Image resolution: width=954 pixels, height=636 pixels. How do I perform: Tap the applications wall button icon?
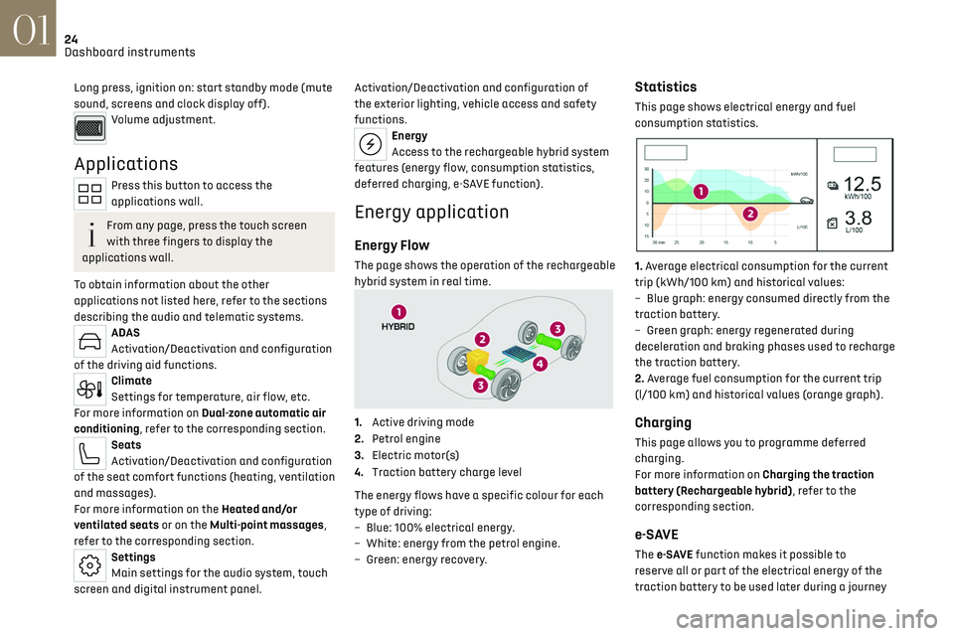click(89, 195)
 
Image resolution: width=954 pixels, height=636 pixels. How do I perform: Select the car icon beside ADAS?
click(89, 341)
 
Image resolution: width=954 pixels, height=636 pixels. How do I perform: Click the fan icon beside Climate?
click(89, 390)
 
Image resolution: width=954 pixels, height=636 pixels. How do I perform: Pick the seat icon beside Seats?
click(89, 453)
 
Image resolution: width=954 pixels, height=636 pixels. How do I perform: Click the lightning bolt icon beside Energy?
click(370, 144)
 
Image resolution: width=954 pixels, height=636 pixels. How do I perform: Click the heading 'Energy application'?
click(431, 212)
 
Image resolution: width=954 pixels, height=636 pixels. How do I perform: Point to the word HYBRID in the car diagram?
click(398, 326)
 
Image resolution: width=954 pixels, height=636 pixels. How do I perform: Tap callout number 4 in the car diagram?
click(540, 365)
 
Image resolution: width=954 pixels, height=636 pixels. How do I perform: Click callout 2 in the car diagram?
click(482, 339)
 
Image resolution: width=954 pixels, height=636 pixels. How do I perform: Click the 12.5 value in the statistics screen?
click(861, 183)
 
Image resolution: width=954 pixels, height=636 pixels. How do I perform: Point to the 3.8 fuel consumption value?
click(859, 218)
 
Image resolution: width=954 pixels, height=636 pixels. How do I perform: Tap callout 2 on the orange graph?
click(749, 213)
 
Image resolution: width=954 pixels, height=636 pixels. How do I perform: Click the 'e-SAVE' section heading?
click(656, 534)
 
